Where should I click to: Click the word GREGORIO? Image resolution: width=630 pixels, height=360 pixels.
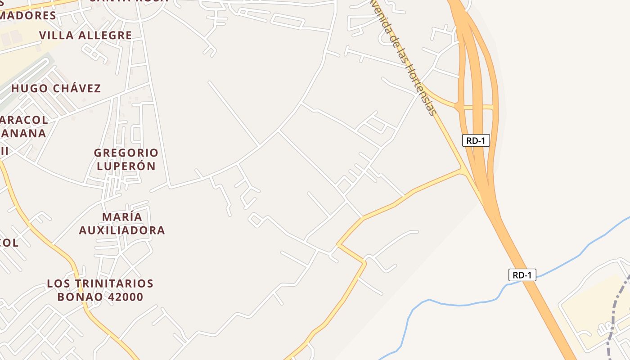pos(126,153)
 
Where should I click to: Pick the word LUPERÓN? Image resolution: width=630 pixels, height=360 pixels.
pos(126,166)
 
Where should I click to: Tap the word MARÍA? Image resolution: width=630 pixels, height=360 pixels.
pos(122,217)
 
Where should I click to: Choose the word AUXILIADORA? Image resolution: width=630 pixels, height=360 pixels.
pos(122,230)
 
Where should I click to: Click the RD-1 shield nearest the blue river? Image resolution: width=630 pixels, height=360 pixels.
pos(522,275)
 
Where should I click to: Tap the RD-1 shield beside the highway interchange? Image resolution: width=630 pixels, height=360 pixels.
pos(476,140)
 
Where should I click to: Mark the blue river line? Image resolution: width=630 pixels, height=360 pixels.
pos(454,305)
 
